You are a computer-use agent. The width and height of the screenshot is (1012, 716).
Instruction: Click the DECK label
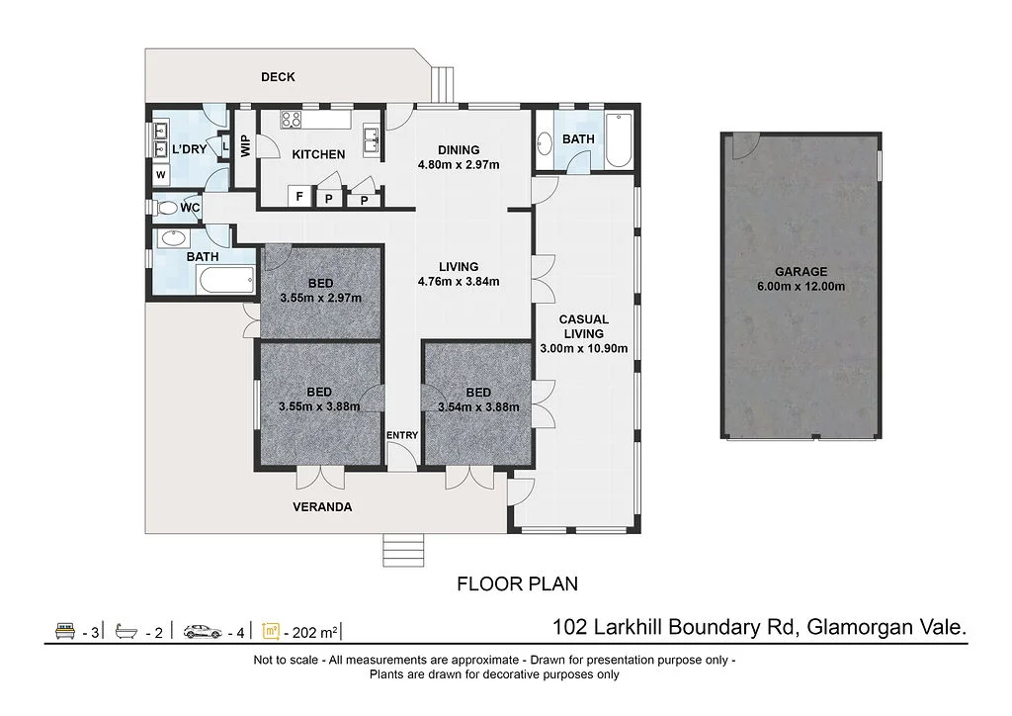(278, 77)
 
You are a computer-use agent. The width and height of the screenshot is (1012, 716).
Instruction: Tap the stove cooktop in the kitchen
(292, 120)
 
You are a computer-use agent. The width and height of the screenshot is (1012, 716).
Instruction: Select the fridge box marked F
(299, 196)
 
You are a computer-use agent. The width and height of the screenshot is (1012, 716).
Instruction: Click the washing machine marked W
(161, 174)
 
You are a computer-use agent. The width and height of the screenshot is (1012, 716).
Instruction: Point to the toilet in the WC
(165, 208)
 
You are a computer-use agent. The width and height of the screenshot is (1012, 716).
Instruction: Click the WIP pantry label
(245, 145)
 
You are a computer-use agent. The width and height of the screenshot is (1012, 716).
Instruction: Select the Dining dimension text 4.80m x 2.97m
(459, 164)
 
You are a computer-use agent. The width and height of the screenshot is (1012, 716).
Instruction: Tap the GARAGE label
(801, 272)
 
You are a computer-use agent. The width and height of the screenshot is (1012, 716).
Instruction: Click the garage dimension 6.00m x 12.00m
(801, 287)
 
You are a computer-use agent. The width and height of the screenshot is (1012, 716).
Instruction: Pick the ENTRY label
(402, 435)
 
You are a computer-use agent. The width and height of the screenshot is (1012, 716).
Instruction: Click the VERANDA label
(322, 506)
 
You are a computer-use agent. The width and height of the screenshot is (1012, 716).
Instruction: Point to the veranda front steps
(403, 550)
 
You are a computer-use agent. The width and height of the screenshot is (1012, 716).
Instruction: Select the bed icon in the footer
(65, 631)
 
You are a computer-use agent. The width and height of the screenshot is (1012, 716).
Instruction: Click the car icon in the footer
(203, 631)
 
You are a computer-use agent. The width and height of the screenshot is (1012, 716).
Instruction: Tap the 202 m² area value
(314, 632)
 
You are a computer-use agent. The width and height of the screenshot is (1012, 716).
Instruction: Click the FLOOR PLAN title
(517, 584)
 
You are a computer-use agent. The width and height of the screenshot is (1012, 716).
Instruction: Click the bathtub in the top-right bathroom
(619, 140)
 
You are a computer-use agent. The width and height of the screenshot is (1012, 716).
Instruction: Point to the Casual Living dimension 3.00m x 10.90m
(583, 349)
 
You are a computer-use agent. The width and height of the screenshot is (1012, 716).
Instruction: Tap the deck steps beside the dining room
(443, 85)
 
